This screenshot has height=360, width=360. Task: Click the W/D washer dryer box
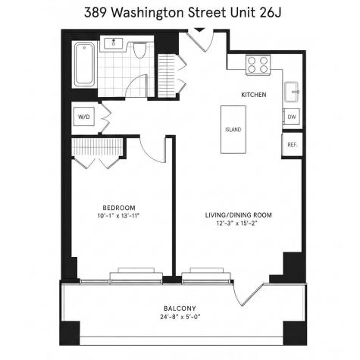pos(84,117)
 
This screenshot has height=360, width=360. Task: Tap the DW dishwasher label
pos(292,117)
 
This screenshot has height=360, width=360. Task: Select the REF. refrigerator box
pos(292,145)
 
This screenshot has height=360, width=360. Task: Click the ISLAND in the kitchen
pos(233,130)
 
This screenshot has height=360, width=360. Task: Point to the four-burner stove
pos(258,65)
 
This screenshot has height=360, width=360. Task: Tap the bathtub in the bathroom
pos(85,64)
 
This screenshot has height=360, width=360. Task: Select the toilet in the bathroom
pos(139,50)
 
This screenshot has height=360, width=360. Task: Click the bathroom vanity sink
pos(114,42)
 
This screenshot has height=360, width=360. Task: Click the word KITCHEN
pos(254,95)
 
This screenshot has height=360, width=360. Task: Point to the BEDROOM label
pos(119,208)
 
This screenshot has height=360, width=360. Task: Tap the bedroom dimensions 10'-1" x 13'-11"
pos(118,216)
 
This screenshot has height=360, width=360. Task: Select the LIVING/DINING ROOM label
pos(239,215)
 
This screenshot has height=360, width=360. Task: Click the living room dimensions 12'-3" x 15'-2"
pos(238,223)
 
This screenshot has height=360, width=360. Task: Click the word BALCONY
pos(180,308)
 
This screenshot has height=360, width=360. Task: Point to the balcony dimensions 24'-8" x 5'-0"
pos(180,317)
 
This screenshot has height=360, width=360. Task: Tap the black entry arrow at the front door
pos(199,30)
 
